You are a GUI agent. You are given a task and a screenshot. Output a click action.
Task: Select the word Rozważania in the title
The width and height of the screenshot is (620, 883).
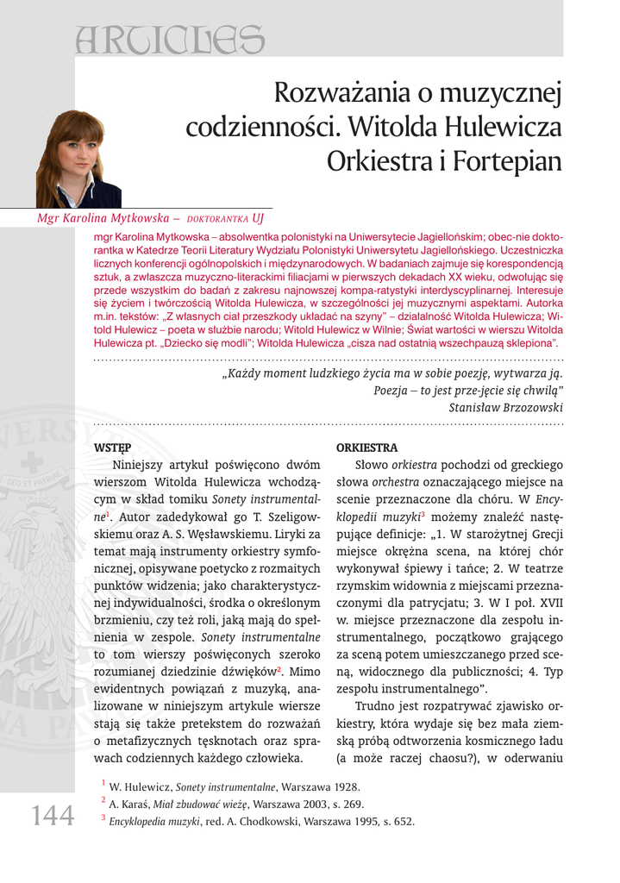349,93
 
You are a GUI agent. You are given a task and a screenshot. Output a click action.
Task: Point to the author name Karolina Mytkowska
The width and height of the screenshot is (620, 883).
116,218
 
